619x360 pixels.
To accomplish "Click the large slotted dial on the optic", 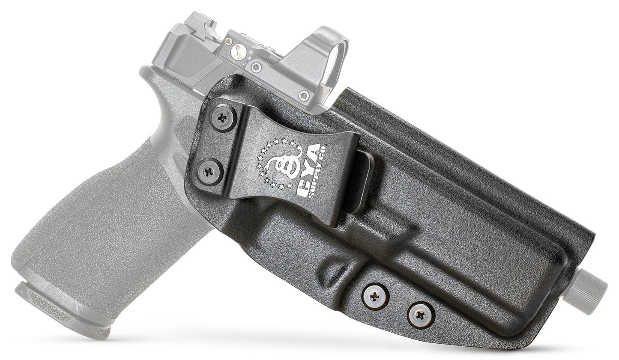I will point(236,52).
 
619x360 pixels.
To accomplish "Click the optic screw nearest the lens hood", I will point(305,95).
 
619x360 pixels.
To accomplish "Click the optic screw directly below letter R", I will point(256,66).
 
